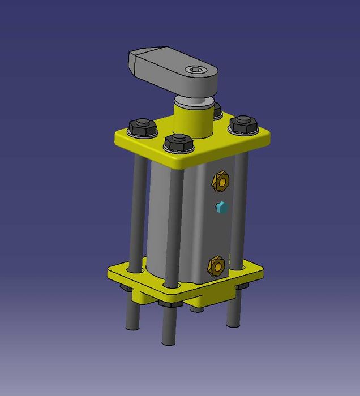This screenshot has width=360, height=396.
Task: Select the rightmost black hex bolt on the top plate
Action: pyautogui.click(x=243, y=124)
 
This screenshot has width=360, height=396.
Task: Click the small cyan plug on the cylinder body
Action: pyautogui.click(x=221, y=208)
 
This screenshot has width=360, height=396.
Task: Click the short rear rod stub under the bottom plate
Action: pyautogui.click(x=196, y=308)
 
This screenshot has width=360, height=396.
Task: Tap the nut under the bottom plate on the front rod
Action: pyautogui.click(x=168, y=304)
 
